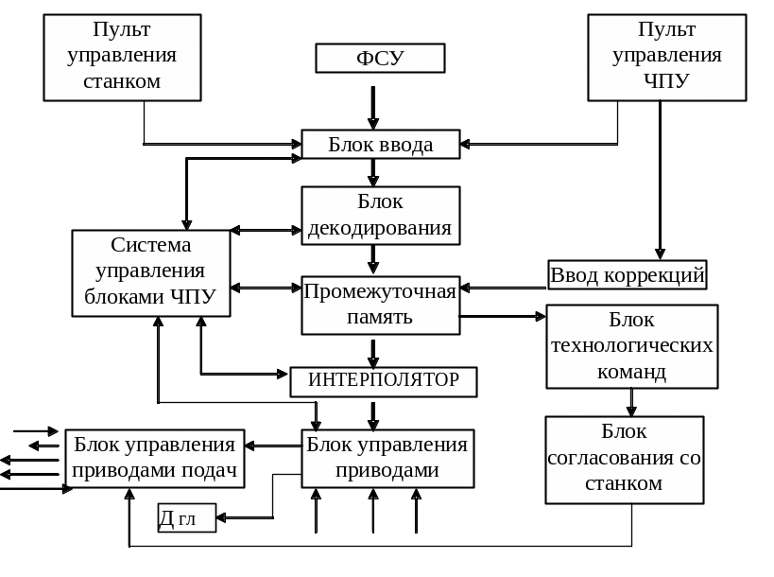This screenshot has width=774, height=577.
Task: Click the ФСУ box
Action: coord(380,59)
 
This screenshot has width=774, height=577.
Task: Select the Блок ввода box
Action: coord(380,145)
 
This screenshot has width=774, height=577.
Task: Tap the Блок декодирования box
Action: coord(380,216)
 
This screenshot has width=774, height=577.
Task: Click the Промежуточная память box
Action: coord(380,305)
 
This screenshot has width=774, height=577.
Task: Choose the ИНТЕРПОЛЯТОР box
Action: coord(383,381)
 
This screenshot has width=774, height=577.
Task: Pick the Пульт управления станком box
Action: coord(122,57)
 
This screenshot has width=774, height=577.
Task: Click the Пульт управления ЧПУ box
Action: coord(666,57)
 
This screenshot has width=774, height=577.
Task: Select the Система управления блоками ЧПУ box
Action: coord(151,272)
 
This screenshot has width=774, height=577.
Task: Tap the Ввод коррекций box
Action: coord(628,275)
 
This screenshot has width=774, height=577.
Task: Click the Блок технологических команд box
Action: coord(631,346)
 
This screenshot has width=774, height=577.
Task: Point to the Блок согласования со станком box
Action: coord(624,459)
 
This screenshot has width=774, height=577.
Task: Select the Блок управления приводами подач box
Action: coord(154,459)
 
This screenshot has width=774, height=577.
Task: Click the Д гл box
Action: coord(186,518)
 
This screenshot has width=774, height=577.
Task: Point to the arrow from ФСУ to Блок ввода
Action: coord(373,107)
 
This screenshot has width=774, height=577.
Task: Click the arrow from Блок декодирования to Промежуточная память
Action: coord(373,259)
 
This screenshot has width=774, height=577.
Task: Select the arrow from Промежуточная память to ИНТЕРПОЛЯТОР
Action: coord(373,352)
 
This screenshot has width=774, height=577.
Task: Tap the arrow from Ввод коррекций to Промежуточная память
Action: coord(504,288)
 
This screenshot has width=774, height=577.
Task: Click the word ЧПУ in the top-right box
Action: coord(666,81)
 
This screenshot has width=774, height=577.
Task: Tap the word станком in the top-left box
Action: coord(122,81)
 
